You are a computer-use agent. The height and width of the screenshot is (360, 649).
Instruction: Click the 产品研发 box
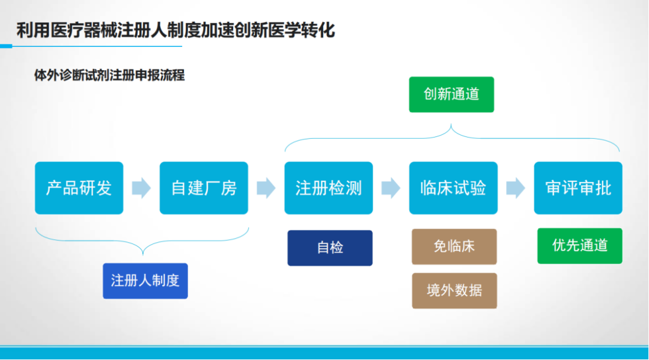[x=79, y=188]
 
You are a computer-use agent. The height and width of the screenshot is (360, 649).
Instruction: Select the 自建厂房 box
[x=204, y=188]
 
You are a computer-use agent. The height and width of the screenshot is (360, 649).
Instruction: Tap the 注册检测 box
[x=329, y=188]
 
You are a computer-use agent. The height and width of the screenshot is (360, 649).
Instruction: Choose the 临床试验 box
[x=453, y=188]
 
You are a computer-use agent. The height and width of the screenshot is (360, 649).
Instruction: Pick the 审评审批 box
[x=578, y=188]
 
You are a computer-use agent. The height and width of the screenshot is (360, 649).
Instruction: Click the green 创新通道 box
[x=451, y=94]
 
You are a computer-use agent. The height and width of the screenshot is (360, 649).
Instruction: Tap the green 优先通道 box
[x=580, y=246]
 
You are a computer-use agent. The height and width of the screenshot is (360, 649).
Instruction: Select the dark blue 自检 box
[x=330, y=248]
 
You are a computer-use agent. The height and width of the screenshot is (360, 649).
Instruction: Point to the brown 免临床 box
[x=454, y=246]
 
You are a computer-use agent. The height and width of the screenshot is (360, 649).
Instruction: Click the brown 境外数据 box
[x=454, y=290]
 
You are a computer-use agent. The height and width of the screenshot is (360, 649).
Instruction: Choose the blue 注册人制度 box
[x=145, y=281]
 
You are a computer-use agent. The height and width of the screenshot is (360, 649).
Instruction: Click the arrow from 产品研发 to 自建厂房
[x=142, y=188]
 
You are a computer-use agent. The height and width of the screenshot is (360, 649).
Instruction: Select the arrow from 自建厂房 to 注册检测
[x=266, y=188]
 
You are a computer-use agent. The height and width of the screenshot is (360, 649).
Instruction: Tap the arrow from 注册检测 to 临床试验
[x=391, y=188]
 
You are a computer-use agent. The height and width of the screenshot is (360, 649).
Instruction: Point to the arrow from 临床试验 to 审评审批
[x=516, y=188]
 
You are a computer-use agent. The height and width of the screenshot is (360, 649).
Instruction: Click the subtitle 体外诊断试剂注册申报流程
[x=109, y=75]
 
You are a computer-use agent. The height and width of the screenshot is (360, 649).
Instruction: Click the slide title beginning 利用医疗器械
[x=175, y=30]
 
